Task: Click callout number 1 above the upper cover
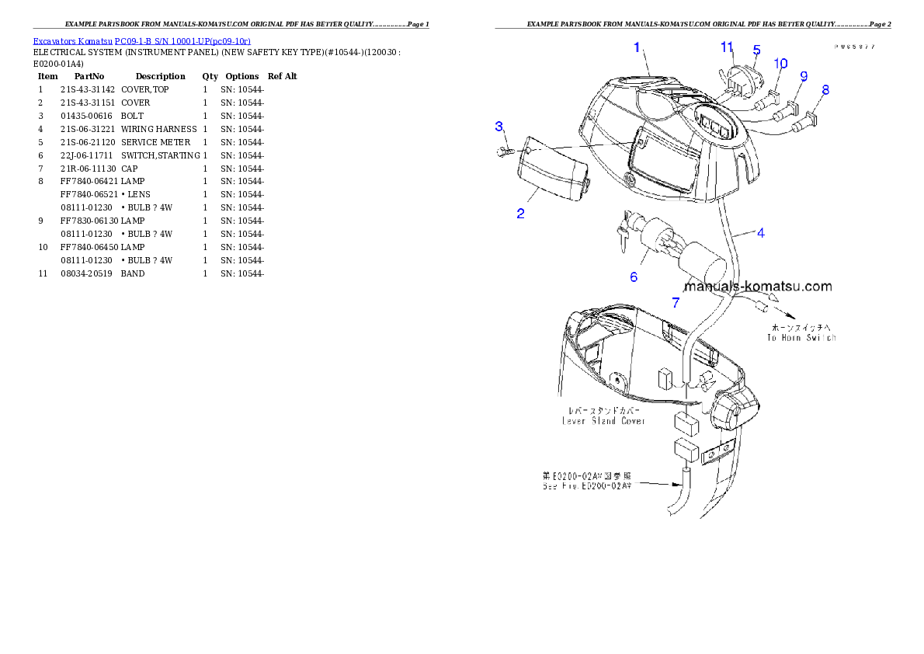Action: coord(637,47)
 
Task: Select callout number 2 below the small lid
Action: coord(520,214)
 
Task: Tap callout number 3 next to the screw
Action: coord(499,127)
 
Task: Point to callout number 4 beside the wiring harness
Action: coord(760,232)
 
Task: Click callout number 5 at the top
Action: coord(756,50)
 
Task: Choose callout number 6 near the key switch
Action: coord(634,277)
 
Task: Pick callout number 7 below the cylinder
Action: coord(676,303)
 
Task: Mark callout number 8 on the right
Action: coord(825,90)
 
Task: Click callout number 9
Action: coord(803,76)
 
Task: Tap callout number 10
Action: coord(780,63)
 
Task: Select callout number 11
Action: coord(727,47)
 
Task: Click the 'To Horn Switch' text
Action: coord(801,338)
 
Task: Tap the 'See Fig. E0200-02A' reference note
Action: coord(586,485)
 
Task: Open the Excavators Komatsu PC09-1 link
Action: coord(141,41)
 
